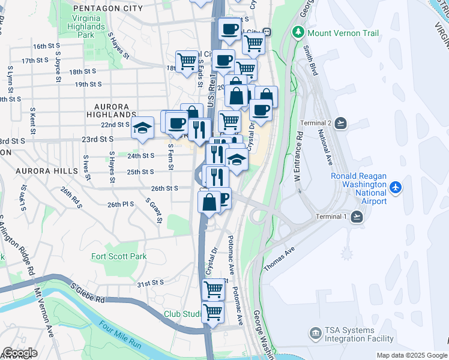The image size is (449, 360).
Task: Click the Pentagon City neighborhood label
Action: [107, 8]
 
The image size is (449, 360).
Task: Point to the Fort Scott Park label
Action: [119, 256]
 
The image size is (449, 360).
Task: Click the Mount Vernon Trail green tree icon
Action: [297, 33]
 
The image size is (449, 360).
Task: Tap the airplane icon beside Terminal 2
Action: [341, 123]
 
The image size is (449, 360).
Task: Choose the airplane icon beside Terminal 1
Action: [358, 217]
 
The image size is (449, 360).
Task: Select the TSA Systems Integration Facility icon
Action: [315, 333]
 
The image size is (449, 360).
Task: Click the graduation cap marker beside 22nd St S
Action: [142, 127]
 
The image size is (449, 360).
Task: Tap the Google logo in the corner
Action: [20, 353]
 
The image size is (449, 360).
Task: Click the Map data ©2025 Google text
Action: [412, 355]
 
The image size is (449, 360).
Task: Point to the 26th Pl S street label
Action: [120, 205]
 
